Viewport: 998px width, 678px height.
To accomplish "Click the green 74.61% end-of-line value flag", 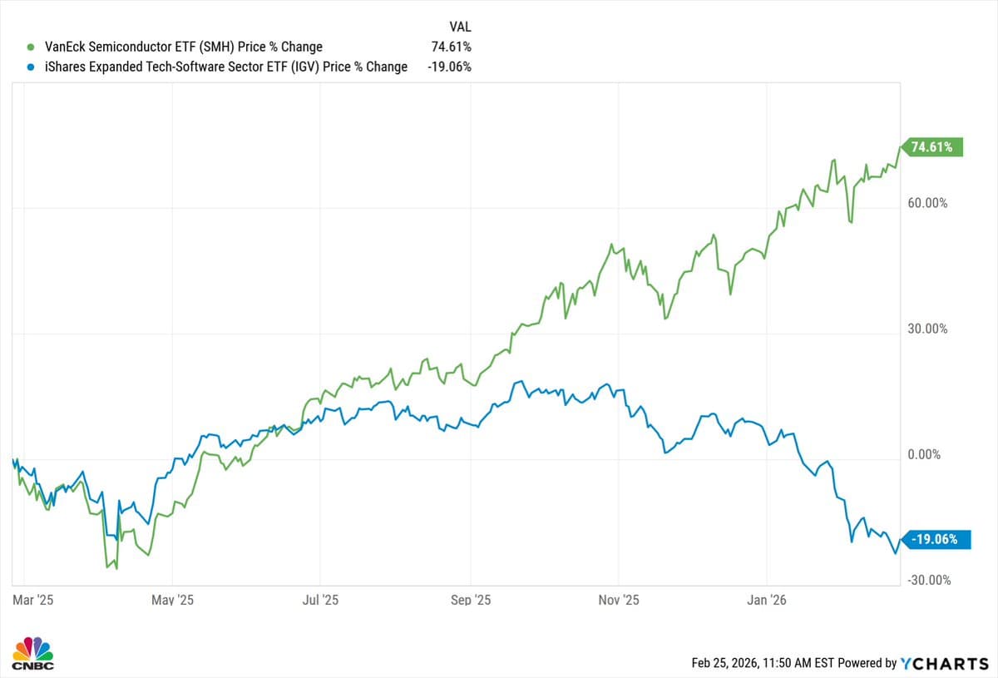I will click(x=934, y=147).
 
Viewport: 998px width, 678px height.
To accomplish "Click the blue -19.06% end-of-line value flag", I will click(x=934, y=539).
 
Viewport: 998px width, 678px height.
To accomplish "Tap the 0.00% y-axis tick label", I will click(x=927, y=454).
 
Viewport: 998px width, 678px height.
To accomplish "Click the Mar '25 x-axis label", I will click(x=33, y=600).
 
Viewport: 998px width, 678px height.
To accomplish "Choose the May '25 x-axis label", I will click(x=174, y=600).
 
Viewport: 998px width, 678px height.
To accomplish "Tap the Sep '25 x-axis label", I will click(x=471, y=600).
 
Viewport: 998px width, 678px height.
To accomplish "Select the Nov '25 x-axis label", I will click(x=619, y=600).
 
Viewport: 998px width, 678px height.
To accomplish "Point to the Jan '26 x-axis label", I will click(x=767, y=600).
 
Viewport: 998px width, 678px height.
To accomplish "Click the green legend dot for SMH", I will click(x=31, y=47).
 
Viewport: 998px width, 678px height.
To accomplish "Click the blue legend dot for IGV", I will click(x=31, y=67).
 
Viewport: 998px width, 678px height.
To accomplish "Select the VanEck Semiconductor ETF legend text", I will click(x=183, y=47).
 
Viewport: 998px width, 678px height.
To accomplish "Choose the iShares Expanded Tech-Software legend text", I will click(x=225, y=67).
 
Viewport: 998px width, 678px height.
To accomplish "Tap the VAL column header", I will click(x=460, y=27).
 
